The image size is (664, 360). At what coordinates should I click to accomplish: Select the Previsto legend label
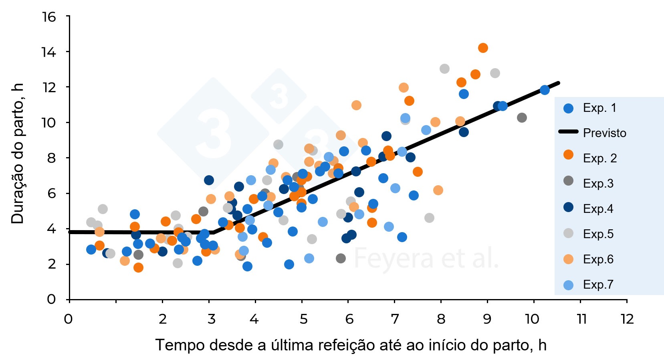[x=604, y=133]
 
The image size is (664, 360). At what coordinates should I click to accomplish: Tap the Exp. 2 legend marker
[x=568, y=155]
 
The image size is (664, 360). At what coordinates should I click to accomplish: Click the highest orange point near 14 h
[x=483, y=48]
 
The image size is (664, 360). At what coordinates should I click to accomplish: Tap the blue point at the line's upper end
[x=545, y=90]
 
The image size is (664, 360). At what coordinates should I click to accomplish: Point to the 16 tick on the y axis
[x=49, y=17]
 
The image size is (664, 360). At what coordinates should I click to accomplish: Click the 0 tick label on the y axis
[x=51, y=299]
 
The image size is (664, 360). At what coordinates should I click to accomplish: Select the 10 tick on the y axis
[x=49, y=122]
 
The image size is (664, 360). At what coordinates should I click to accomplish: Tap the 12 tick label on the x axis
[x=627, y=319]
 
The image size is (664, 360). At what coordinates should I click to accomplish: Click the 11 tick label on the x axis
[x=581, y=319]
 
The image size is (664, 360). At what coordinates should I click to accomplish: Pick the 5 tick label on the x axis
[x=303, y=319]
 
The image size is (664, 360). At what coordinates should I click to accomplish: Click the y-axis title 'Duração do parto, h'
[x=18, y=154]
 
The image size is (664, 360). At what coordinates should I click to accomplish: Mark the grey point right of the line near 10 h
[x=522, y=117]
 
